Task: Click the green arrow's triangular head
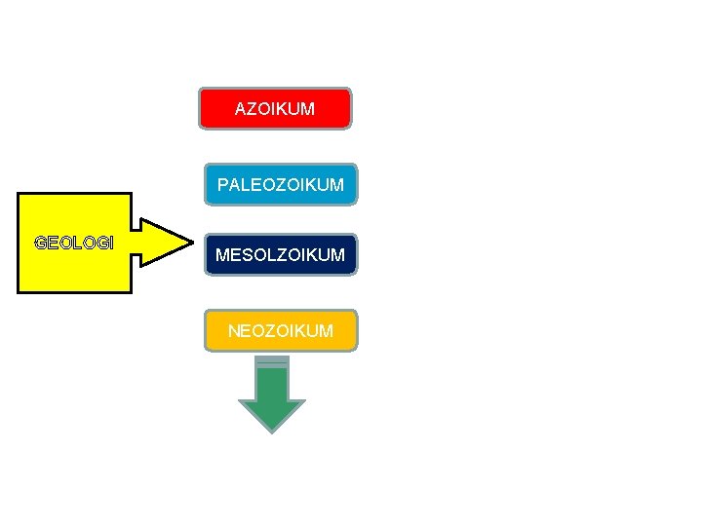coord(272,414)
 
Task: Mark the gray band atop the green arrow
coord(272,361)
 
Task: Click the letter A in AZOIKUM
coord(241,109)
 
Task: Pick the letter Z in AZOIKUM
coord(252,109)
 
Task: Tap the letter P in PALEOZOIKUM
coord(223,184)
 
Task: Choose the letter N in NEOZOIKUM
coord(234,331)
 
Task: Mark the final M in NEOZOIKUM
coord(326,331)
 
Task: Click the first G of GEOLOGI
coord(40,242)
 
